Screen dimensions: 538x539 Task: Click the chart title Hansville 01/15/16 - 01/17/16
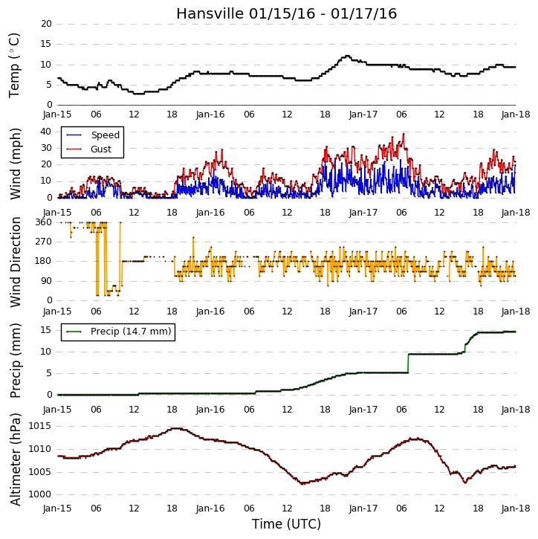click(x=287, y=13)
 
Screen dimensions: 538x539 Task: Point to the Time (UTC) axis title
click(x=286, y=524)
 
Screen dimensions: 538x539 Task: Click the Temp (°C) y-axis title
click(x=14, y=65)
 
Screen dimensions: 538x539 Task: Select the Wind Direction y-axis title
click(x=16, y=262)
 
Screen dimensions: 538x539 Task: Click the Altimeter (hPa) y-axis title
click(x=16, y=459)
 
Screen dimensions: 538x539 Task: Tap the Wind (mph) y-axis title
click(x=16, y=164)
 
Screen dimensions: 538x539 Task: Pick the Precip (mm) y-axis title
click(x=16, y=361)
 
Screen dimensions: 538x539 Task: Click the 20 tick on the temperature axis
click(x=46, y=24)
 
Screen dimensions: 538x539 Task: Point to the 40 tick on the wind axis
click(x=46, y=132)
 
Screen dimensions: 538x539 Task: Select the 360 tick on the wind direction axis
click(x=44, y=222)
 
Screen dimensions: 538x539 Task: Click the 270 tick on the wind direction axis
click(x=44, y=242)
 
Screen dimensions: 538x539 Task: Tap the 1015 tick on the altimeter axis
click(x=39, y=426)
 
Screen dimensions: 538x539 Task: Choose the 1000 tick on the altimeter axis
click(x=39, y=494)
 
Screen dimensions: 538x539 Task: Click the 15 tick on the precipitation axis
click(x=46, y=330)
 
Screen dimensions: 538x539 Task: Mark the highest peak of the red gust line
click(x=403, y=134)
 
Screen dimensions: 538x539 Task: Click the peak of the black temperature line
click(x=347, y=56)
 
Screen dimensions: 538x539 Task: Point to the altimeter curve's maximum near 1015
click(x=176, y=428)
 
